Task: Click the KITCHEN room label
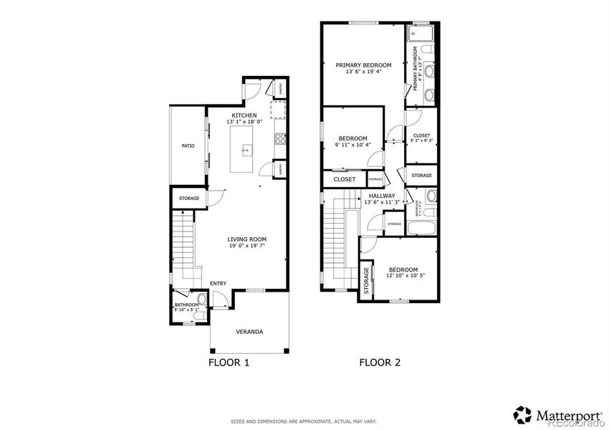pyautogui.click(x=244, y=115)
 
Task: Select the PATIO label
pyautogui.click(x=188, y=145)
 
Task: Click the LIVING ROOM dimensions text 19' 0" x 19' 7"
pyautogui.click(x=247, y=246)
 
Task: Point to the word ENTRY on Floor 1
pyautogui.click(x=219, y=284)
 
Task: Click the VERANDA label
pyautogui.click(x=249, y=332)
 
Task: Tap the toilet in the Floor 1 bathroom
pyautogui.click(x=202, y=300)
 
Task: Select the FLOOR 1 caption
pyautogui.click(x=229, y=363)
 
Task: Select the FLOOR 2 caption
pyautogui.click(x=379, y=363)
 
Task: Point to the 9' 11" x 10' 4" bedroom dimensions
pyautogui.click(x=353, y=145)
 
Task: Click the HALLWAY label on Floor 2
pyautogui.click(x=382, y=195)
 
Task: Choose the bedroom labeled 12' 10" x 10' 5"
pyautogui.click(x=402, y=273)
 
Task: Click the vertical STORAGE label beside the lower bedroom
pyautogui.click(x=366, y=280)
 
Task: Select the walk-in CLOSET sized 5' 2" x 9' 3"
pyautogui.click(x=421, y=138)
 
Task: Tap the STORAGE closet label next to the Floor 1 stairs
pyautogui.click(x=188, y=198)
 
